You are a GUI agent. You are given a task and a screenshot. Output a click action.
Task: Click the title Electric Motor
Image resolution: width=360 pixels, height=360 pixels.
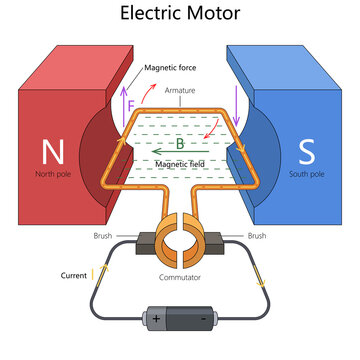(179, 15)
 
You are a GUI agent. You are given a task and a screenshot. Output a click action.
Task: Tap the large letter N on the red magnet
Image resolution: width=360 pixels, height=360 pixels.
(51, 152)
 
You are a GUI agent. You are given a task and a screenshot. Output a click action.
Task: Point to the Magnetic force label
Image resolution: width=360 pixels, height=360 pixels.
(170, 69)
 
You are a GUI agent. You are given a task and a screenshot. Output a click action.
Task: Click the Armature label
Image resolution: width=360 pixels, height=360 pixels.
(180, 90)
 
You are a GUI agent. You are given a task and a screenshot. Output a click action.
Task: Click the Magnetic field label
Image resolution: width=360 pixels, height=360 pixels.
(179, 162)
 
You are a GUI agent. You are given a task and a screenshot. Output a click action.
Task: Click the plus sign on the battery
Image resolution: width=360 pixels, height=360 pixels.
(156, 319)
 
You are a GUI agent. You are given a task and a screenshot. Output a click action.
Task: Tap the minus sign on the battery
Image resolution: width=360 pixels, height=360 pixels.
(204, 319)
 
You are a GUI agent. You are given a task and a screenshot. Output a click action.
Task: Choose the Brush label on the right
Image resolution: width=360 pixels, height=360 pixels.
(257, 236)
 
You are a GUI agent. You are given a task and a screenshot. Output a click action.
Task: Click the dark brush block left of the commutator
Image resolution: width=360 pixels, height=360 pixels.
(144, 241)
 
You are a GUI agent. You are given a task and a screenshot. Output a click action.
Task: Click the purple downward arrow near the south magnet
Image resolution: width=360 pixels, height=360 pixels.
(237, 100)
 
